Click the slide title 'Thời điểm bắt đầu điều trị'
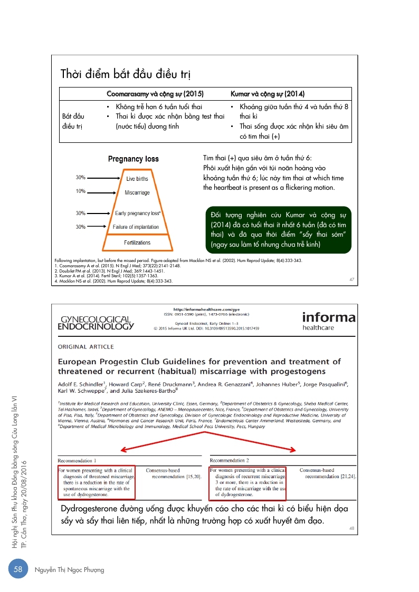tap(126, 73)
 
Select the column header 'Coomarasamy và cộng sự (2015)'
tap(155, 94)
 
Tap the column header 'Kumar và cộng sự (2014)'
tap(268, 94)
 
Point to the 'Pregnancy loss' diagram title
tap(133, 159)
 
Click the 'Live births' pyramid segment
tap(137, 179)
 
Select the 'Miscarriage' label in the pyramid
tap(137, 193)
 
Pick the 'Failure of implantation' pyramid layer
tap(136, 227)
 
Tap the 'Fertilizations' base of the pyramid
tap(137, 242)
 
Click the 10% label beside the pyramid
tap(80, 191)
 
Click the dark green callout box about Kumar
tap(277, 230)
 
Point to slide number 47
tap(352, 279)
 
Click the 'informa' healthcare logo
tap(328, 321)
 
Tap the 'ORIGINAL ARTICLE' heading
tap(85, 347)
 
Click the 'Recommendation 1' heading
tap(77, 460)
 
